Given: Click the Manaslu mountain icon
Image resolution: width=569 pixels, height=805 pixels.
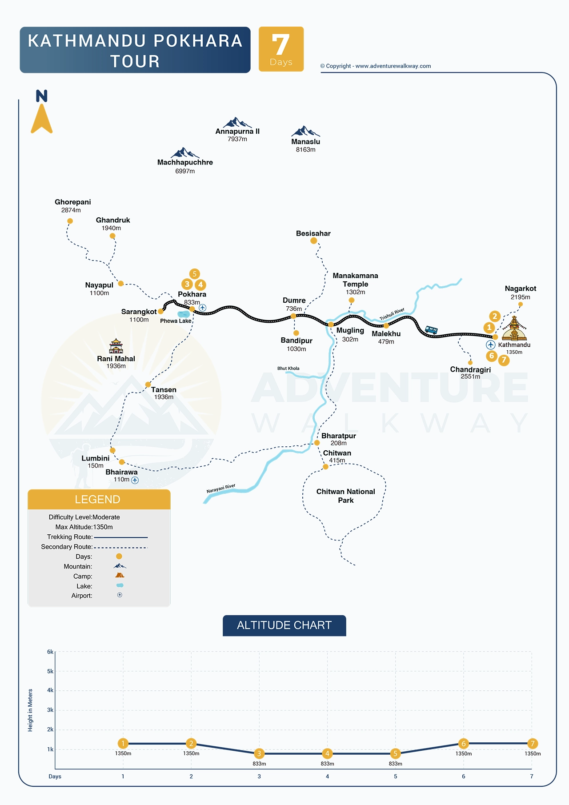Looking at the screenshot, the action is click(305, 131).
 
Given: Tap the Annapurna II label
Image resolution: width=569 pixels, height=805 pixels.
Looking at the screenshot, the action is click(237, 132).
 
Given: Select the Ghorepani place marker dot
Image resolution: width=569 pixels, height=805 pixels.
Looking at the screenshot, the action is click(70, 221).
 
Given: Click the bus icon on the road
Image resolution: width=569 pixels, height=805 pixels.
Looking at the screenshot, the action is click(431, 330).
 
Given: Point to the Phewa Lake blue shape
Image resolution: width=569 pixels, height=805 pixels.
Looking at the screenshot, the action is click(184, 314).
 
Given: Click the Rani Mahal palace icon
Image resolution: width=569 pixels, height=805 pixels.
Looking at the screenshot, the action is click(116, 346).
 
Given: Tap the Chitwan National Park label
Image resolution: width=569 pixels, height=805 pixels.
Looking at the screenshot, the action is click(346, 496).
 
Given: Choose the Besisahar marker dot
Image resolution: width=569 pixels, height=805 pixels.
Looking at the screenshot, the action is click(314, 241).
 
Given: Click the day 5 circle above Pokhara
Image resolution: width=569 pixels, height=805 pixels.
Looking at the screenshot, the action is click(194, 274).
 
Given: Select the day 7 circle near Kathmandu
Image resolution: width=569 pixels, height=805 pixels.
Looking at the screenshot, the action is click(504, 360).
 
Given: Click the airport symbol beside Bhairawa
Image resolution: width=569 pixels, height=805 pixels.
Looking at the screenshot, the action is click(135, 480).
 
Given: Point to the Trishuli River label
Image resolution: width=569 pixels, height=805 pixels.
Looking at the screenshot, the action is click(392, 314).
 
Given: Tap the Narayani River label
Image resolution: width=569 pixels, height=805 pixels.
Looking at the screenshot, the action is click(221, 489).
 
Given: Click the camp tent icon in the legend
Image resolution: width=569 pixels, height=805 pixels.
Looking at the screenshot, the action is click(120, 575).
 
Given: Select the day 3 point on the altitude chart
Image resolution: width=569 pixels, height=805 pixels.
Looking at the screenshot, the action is click(259, 753).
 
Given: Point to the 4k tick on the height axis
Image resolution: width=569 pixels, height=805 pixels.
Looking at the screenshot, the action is click(50, 690).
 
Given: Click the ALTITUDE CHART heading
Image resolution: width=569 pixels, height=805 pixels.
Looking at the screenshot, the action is click(284, 625).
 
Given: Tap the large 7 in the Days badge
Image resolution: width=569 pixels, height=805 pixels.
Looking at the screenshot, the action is click(281, 44).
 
